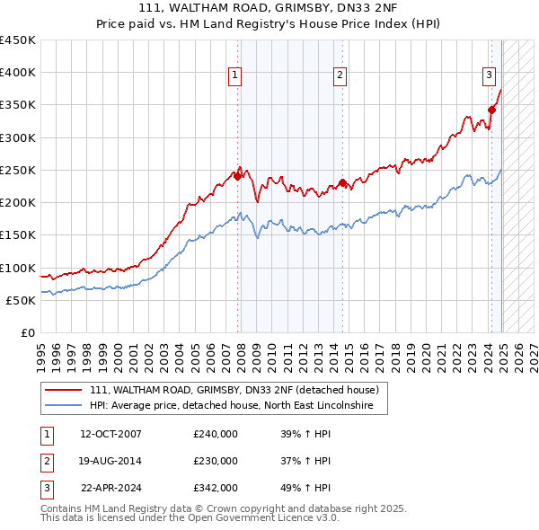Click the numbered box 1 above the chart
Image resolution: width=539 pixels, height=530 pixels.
tap(234, 76)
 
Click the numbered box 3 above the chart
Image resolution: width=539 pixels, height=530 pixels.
tap(490, 76)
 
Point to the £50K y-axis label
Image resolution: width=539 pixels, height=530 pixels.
tap(22, 301)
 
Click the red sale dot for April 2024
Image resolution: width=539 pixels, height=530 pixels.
tap(491, 110)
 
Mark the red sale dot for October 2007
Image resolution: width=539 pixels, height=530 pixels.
tap(238, 177)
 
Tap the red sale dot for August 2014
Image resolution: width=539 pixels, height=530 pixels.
tap(343, 183)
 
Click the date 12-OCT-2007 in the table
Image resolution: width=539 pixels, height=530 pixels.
tap(111, 434)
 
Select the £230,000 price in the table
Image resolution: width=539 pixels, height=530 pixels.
tap(216, 461)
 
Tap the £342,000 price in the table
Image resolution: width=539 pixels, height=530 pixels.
tap(216, 488)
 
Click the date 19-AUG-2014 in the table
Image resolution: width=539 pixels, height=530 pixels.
tap(110, 461)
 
